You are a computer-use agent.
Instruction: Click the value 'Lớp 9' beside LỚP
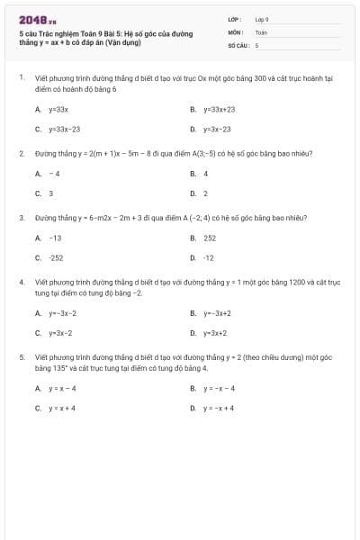[262, 19]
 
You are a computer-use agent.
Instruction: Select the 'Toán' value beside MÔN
[261, 31]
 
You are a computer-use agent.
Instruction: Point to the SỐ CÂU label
[237, 44]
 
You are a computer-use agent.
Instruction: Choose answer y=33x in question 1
[58, 109]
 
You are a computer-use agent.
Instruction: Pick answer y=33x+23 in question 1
[218, 109]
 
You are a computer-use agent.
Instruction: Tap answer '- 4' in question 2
[55, 173]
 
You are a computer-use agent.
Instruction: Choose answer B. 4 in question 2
[205, 173]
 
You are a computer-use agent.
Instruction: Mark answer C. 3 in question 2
[50, 193]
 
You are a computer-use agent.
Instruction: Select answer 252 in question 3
[210, 238]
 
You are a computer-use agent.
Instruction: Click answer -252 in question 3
[57, 257]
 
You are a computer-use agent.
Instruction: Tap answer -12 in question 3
[209, 257]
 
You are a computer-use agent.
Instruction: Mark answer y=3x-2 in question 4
[61, 332]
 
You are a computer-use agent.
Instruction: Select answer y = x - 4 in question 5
[63, 388]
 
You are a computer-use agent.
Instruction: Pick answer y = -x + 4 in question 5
[219, 408]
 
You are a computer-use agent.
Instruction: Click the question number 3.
[21, 218]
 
